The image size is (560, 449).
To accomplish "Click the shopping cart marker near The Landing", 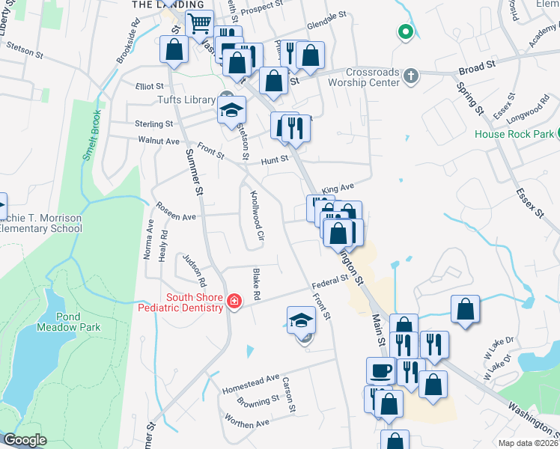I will tap(198, 23).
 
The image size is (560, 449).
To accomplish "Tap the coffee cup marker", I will tap(380, 370).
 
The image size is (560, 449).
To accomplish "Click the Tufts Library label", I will tap(186, 100).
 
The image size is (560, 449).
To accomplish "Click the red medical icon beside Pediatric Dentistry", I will tap(234, 302).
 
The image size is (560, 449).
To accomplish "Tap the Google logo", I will tap(24, 440).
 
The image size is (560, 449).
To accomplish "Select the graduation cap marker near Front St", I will tap(300, 320).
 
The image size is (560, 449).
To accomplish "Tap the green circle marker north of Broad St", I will tap(405, 32).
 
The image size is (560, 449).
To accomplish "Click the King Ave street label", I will tap(337, 190).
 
